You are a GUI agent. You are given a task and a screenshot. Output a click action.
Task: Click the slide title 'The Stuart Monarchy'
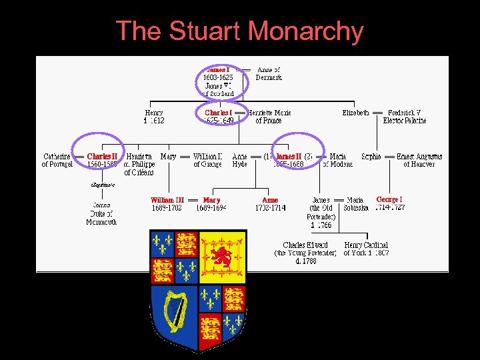click(x=239, y=31)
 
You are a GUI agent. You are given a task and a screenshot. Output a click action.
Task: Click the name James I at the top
click(x=218, y=69)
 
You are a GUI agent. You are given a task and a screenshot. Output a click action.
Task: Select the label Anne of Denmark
click(x=269, y=73)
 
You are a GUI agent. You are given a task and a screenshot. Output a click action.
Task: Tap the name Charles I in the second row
click(x=218, y=113)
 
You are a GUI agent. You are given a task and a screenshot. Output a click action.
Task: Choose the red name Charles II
click(x=102, y=157)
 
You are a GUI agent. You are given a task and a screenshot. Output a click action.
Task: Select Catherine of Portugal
click(x=57, y=160)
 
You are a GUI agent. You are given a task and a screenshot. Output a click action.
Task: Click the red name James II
click(x=289, y=157)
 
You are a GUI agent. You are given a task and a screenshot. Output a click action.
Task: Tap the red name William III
click(x=167, y=200)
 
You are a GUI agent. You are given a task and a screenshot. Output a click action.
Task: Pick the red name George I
click(x=389, y=199)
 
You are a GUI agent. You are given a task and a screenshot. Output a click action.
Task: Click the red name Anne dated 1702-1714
click(x=270, y=200)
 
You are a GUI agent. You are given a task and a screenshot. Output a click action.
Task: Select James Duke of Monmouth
click(x=101, y=213)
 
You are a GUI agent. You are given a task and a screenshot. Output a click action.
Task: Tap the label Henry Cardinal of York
click(x=366, y=249)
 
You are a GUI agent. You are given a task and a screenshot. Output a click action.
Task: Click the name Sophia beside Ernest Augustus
click(x=371, y=157)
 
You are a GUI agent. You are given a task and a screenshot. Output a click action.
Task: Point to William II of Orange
click(x=207, y=160)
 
